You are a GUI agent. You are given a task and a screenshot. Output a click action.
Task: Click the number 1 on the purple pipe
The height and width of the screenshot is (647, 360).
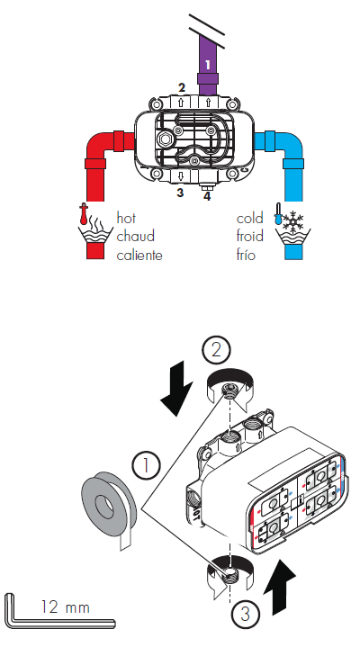click(x=208, y=64)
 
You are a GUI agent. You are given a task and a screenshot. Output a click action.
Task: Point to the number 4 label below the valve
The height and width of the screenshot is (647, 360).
click(x=207, y=194)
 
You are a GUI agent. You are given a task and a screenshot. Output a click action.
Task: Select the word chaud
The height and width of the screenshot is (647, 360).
click(x=136, y=237)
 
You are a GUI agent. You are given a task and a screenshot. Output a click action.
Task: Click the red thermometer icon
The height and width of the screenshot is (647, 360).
click(x=84, y=217)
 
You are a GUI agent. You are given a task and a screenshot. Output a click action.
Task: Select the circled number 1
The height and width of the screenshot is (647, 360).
click(x=145, y=465)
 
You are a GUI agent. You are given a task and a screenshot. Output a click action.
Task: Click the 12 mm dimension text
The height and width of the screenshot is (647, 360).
click(x=66, y=607)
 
